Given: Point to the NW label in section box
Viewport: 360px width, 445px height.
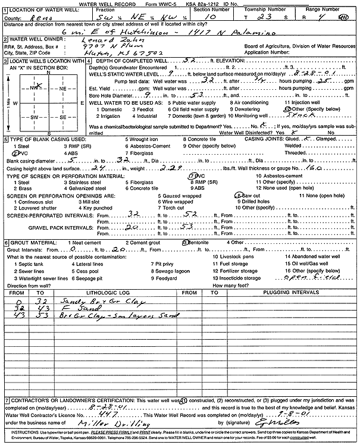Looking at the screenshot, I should (25, 87).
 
